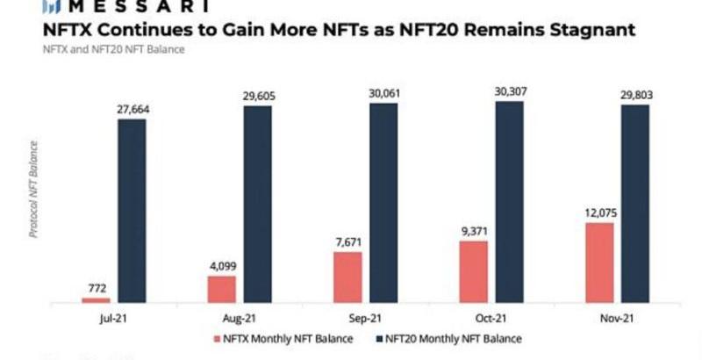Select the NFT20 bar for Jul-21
[132, 211]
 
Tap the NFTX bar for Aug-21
[221, 290]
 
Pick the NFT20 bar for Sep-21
[383, 204]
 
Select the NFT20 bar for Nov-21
[634, 205]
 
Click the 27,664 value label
[132, 108]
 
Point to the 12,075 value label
[598, 212]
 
